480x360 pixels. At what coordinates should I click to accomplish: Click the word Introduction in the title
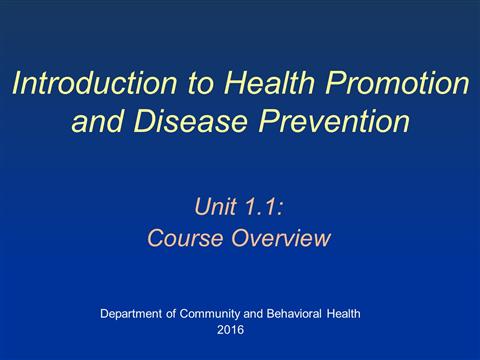click(x=95, y=83)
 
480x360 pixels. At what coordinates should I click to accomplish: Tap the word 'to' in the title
click(x=200, y=83)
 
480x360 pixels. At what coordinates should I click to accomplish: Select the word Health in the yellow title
click(x=269, y=83)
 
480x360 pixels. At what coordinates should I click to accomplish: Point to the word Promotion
click(x=398, y=83)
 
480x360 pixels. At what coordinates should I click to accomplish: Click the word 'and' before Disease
click(x=97, y=120)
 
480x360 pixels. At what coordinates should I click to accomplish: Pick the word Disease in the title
click(x=190, y=120)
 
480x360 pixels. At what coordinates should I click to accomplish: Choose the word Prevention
click(x=334, y=120)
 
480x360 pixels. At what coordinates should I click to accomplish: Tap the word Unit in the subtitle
click(x=215, y=206)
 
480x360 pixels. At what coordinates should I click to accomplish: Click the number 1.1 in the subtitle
click(x=261, y=206)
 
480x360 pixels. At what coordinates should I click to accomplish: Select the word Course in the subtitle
click(x=185, y=238)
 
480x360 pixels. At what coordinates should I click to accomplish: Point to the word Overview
click(x=281, y=238)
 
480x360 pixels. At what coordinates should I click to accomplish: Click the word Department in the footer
click(x=131, y=314)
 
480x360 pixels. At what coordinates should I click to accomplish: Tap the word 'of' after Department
click(x=171, y=314)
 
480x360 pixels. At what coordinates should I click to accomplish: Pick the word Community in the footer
click(x=210, y=314)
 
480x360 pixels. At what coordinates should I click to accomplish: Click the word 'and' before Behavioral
click(x=253, y=314)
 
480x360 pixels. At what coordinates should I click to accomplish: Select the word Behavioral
click(x=294, y=314)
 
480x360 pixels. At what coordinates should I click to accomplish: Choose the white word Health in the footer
click(x=343, y=314)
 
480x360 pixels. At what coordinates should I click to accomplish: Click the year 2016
click(x=230, y=330)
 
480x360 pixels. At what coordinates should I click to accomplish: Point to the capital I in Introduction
click(x=18, y=83)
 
